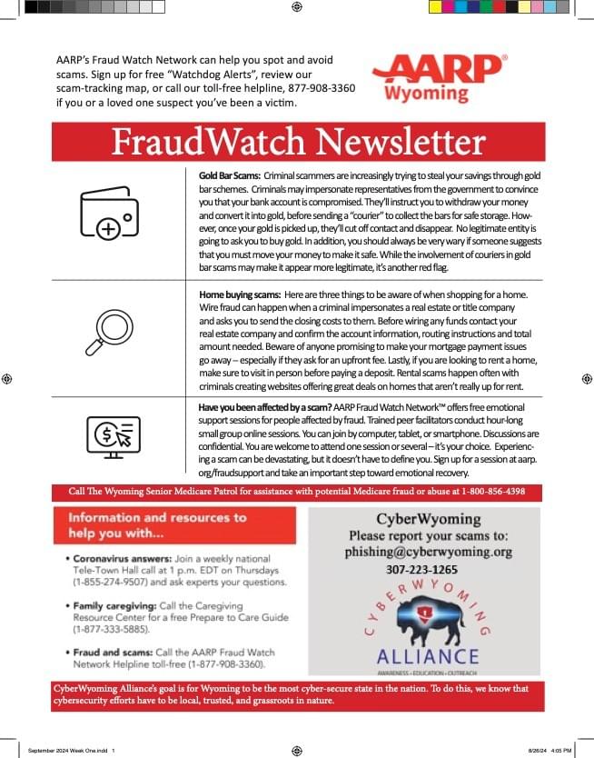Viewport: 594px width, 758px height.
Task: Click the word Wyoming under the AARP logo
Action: [x=426, y=94]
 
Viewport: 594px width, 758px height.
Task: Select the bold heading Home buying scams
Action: [x=239, y=294]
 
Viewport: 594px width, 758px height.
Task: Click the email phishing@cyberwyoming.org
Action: [x=429, y=552]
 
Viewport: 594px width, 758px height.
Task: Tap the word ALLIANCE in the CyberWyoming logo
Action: [x=427, y=655]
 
